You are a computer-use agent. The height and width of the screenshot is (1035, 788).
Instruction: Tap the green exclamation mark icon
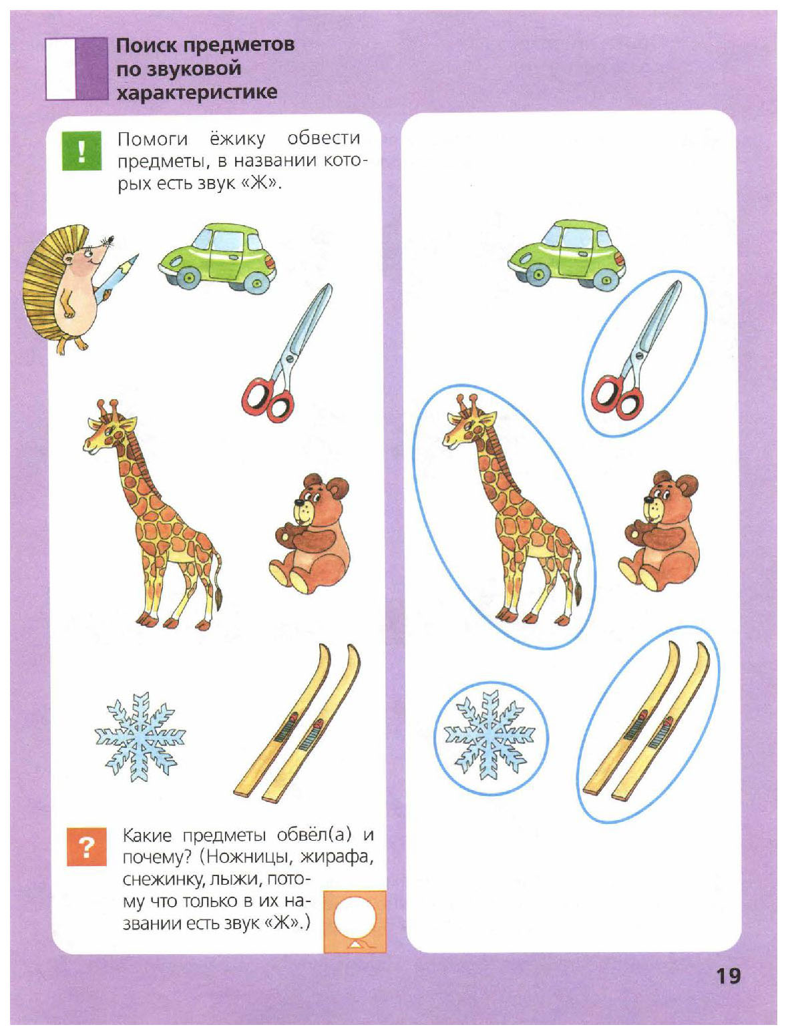pyautogui.click(x=81, y=150)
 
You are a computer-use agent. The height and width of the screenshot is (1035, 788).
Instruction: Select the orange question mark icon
pyautogui.click(x=87, y=847)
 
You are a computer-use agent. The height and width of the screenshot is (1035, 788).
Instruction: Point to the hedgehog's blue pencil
pyautogui.click(x=116, y=278)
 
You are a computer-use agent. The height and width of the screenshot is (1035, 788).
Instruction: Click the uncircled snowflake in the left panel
pyautogui.click(x=140, y=737)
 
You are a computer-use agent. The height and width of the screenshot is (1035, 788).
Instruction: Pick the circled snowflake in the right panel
pyautogui.click(x=490, y=738)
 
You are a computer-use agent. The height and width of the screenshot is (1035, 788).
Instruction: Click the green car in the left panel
pyautogui.click(x=218, y=258)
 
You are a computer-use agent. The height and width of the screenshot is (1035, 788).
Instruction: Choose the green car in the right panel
pyautogui.click(x=567, y=255)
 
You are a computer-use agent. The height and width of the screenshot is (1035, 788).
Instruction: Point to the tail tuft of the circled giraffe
pyautogui.click(x=578, y=594)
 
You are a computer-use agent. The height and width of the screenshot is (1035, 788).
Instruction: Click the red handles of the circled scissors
pyautogui.click(x=617, y=397)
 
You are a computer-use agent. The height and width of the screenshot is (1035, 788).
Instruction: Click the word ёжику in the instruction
pyautogui.click(x=236, y=139)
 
